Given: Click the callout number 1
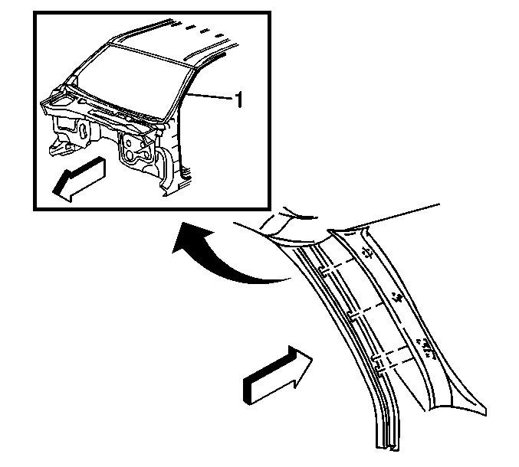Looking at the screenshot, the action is (x=238, y=100).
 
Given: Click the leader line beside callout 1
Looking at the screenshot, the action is (x=209, y=96).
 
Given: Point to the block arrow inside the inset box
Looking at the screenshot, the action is (x=79, y=179).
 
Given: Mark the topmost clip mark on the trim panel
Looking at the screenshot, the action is (x=366, y=253).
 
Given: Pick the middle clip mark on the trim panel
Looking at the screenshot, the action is (x=396, y=297).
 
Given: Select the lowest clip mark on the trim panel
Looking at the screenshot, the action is (x=426, y=348).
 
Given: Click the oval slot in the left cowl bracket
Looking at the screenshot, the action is (x=83, y=131).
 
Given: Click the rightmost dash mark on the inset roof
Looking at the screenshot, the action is (x=218, y=35).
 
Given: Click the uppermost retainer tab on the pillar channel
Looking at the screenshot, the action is (x=322, y=270).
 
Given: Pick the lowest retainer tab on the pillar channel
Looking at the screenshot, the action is (x=376, y=362).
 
